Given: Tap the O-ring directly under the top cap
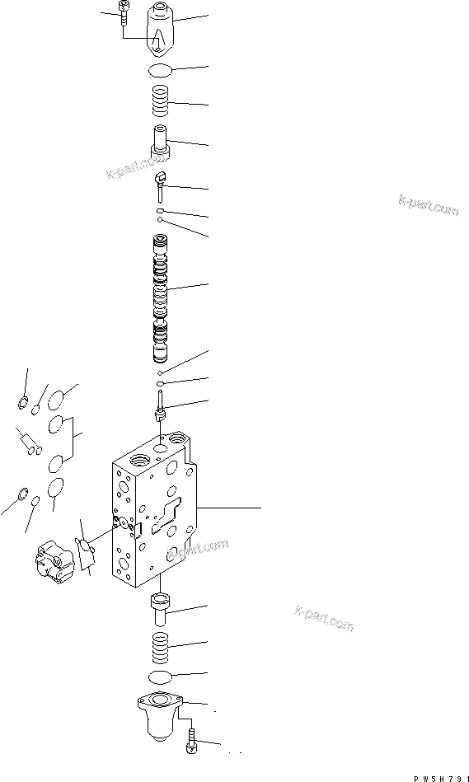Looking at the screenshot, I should pyautogui.click(x=161, y=71).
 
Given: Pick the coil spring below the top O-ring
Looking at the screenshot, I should pyautogui.click(x=161, y=102).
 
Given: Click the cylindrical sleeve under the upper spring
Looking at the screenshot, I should pyautogui.click(x=162, y=140).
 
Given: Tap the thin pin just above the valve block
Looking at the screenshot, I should pyautogui.click(x=162, y=405).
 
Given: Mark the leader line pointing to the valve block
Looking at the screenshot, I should pyautogui.click(x=231, y=508).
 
